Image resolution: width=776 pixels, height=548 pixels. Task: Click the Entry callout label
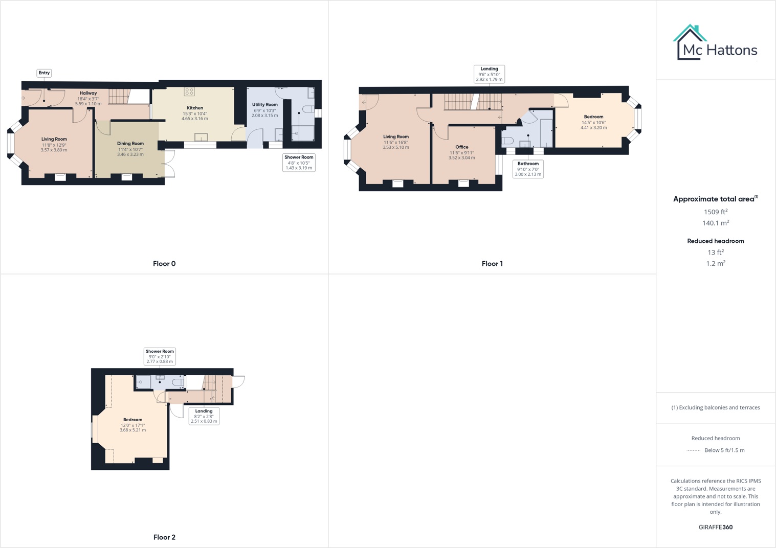pyautogui.click(x=44, y=73)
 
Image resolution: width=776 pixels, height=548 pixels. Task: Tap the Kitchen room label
pyautogui.click(x=195, y=108)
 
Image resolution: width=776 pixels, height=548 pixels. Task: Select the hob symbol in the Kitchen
pyautogui.click(x=189, y=92)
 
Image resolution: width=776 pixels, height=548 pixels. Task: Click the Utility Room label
pyautogui.click(x=264, y=105)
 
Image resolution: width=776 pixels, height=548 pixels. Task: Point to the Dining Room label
pyautogui.click(x=130, y=144)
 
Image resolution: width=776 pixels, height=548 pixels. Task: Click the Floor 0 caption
pyautogui.click(x=164, y=264)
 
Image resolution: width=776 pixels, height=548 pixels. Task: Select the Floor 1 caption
pyautogui.click(x=492, y=264)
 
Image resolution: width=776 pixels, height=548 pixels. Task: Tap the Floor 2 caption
pyautogui.click(x=164, y=537)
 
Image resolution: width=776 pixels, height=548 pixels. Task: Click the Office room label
pyautogui.click(x=461, y=147)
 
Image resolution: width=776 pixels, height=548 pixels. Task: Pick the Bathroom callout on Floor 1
pyautogui.click(x=528, y=169)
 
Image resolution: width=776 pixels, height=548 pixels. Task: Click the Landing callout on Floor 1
pyautogui.click(x=489, y=74)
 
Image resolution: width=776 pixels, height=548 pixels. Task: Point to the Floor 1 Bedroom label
pyautogui.click(x=593, y=117)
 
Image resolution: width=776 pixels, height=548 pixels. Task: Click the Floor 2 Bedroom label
pyautogui.click(x=132, y=420)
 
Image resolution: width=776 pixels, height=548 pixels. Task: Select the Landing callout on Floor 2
pyautogui.click(x=204, y=416)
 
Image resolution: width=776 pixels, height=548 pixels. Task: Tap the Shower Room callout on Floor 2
pyautogui.click(x=160, y=356)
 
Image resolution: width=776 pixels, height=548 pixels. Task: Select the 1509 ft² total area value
pyautogui.click(x=715, y=212)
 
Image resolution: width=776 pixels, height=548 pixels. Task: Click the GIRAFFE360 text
pyautogui.click(x=715, y=527)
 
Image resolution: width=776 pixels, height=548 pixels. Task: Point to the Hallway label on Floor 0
pyautogui.click(x=88, y=93)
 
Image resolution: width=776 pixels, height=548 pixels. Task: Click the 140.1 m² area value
pyautogui.click(x=715, y=223)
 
